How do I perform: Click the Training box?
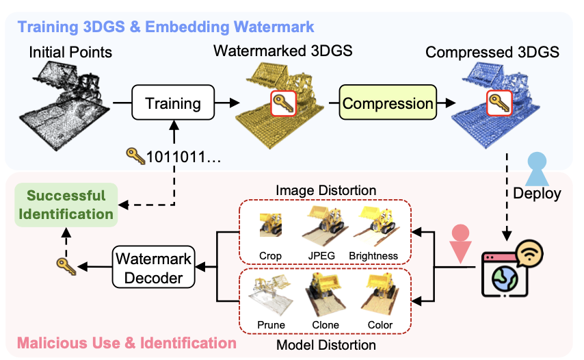174,104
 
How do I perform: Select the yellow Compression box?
388,104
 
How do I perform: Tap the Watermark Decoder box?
154,268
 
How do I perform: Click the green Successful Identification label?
66,204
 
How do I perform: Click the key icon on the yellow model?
282,104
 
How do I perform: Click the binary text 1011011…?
182,157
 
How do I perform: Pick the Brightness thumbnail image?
374,222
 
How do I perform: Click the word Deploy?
537,193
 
